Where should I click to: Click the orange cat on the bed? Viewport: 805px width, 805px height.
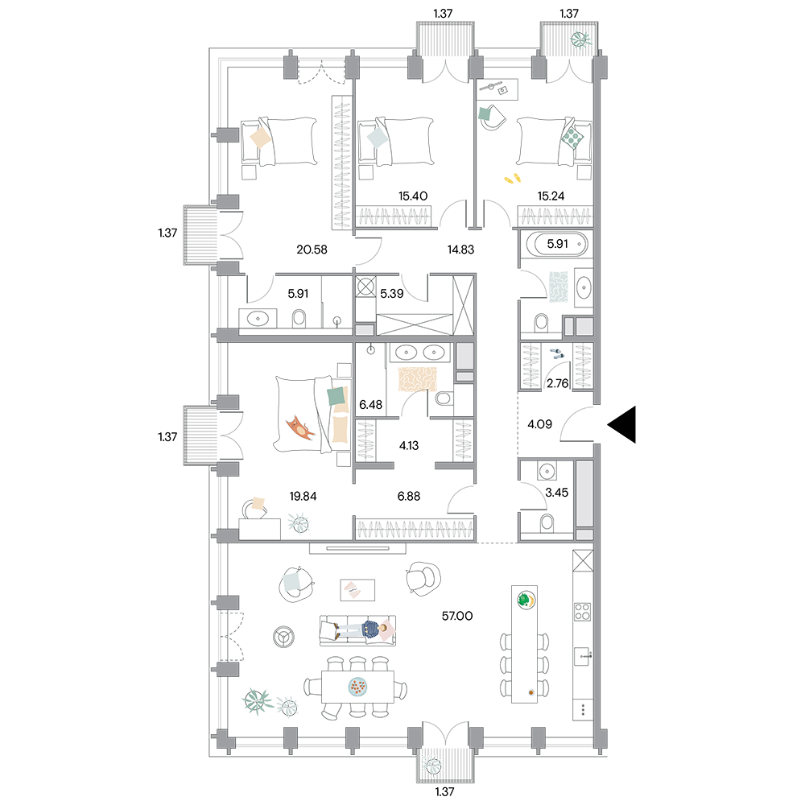(300, 428)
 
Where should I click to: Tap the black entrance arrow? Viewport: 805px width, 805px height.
(622, 424)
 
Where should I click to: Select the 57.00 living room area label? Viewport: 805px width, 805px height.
(457, 616)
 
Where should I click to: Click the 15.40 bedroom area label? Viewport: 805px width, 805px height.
(413, 196)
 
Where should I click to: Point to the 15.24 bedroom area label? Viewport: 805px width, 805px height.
(551, 196)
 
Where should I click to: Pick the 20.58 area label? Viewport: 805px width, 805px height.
(312, 250)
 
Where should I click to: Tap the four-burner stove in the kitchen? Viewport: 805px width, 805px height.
(582, 612)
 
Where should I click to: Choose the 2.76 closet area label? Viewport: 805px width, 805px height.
(558, 383)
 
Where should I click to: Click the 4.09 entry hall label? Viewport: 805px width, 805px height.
(540, 424)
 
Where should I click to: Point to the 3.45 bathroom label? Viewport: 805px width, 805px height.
(556, 493)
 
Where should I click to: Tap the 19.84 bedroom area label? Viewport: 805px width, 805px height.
(303, 496)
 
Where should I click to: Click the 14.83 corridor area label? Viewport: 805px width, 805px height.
(460, 250)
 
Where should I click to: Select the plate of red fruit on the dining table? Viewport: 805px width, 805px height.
(358, 687)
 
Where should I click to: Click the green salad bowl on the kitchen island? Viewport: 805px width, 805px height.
(526, 599)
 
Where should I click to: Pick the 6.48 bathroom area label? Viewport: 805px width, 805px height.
(370, 405)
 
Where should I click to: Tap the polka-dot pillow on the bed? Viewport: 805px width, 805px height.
(572, 137)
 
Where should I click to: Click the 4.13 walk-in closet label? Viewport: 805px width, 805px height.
(409, 446)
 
